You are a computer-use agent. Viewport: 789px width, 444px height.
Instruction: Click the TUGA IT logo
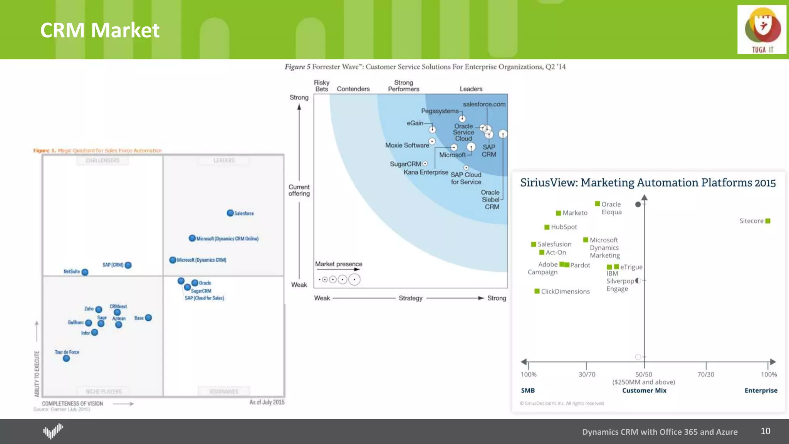tap(762, 30)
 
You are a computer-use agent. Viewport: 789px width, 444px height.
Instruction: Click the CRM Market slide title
tap(99, 30)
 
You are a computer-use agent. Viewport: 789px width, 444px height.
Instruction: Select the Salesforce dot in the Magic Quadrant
tap(230, 213)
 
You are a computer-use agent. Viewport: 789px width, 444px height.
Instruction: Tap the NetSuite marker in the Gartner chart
tap(85, 272)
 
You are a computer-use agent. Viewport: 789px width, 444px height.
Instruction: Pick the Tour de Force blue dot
tap(66, 358)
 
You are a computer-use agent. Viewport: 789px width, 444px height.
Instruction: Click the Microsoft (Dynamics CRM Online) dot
tap(192, 238)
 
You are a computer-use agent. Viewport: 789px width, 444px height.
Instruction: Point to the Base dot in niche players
tap(148, 318)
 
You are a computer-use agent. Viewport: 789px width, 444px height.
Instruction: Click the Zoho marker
tap(99, 309)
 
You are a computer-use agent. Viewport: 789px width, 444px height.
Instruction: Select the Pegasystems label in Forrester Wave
tap(440, 111)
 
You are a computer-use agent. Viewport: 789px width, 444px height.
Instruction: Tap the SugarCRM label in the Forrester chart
tap(405, 164)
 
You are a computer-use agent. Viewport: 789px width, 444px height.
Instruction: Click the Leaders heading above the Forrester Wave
tap(471, 89)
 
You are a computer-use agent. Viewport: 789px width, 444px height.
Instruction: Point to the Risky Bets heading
tap(321, 86)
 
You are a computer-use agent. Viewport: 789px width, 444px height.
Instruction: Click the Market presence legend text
tap(339, 264)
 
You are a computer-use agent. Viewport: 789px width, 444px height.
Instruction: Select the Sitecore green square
tap(768, 221)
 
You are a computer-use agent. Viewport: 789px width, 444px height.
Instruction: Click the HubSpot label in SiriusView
tap(564, 227)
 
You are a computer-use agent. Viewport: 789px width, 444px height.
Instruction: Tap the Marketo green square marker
tap(558, 213)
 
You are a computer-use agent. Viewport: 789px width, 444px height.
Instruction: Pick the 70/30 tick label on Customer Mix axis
tap(705, 374)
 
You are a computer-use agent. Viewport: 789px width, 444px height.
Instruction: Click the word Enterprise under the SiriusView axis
tap(760, 390)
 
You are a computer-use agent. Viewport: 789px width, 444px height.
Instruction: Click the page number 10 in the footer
tap(765, 431)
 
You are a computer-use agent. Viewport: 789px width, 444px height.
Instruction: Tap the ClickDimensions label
tap(565, 291)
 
